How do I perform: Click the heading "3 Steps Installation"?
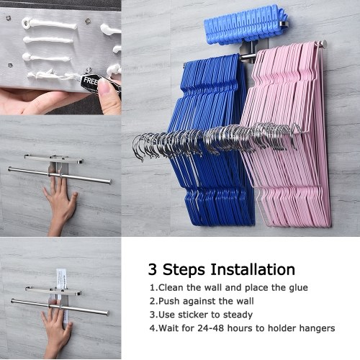pyautogui.click(x=221, y=269)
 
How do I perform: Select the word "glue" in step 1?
pyautogui.click(x=298, y=288)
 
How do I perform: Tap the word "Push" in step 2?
pyautogui.click(x=169, y=301)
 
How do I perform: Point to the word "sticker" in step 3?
pyautogui.click(x=194, y=315)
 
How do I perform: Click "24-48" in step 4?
pyautogui.click(x=211, y=328)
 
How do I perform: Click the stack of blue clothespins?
pyautogui.click(x=246, y=25)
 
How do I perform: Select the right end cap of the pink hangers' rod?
pyautogui.click(x=324, y=44)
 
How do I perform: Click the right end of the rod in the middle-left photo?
pyautogui.click(x=110, y=181)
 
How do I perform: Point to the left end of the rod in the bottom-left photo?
pyautogui.click(x=12, y=301)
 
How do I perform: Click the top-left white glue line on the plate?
pyautogui.click(x=49, y=24)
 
